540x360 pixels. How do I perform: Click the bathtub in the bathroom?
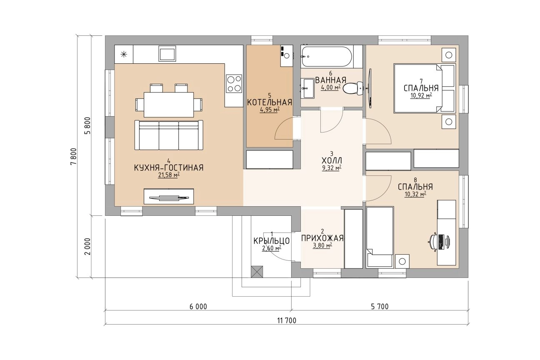(327, 57)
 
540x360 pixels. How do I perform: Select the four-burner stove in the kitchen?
(234, 83)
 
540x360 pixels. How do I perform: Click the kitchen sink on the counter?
(167, 53)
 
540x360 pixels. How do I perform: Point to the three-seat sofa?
(169, 135)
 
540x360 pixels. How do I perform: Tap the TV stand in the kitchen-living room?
(169, 196)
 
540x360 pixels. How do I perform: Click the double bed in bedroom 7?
(425, 88)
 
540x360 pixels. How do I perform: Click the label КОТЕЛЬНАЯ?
(270, 102)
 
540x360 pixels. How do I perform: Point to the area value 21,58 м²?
(169, 175)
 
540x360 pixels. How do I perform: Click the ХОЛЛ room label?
(332, 160)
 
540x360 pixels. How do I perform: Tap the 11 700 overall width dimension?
(287, 320)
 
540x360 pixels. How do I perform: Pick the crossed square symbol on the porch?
(257, 272)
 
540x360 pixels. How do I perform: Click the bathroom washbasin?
(307, 88)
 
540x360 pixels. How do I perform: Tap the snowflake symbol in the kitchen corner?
(124, 55)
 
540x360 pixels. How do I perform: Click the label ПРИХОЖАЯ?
(322, 238)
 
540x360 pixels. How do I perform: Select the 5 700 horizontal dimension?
(380, 307)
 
